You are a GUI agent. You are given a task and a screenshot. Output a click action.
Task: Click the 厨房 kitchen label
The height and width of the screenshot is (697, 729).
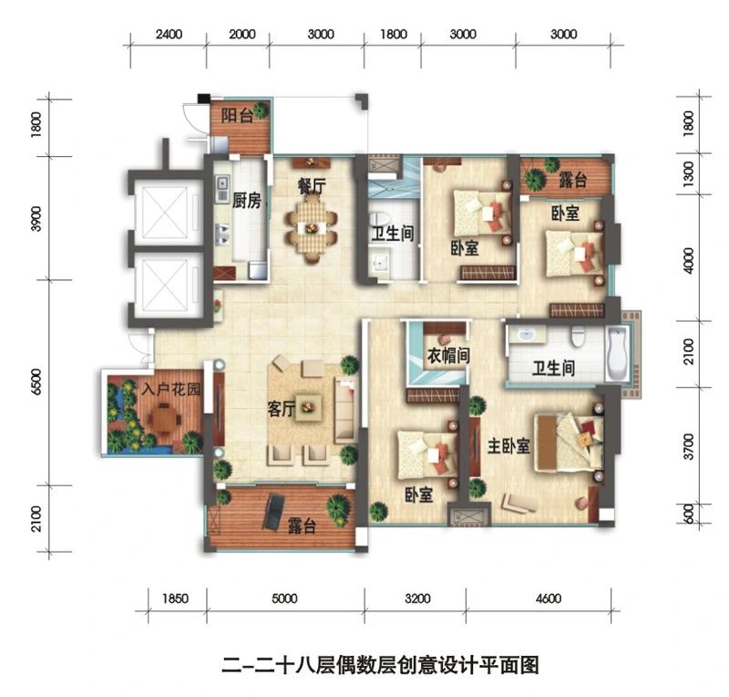[x=246, y=201]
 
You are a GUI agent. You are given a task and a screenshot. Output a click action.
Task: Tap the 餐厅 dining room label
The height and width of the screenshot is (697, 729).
[x=312, y=186]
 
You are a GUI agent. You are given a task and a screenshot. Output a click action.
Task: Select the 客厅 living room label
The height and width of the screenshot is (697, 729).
[x=282, y=410]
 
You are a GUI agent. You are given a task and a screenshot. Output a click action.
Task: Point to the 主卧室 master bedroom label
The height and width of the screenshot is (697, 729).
[x=508, y=445]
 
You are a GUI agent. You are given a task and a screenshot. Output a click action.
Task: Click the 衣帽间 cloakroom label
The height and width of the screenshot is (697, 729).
[x=448, y=356]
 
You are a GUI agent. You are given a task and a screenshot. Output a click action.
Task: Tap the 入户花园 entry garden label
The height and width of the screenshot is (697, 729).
[x=171, y=389]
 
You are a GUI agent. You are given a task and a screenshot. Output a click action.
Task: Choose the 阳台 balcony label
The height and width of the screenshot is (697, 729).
[x=236, y=115]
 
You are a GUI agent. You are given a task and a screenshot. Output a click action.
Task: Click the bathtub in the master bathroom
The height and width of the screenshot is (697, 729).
[x=618, y=354]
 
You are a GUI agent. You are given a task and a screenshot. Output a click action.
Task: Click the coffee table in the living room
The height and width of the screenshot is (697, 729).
[x=309, y=408]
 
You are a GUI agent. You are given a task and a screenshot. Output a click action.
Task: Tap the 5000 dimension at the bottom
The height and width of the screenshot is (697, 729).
[x=284, y=598]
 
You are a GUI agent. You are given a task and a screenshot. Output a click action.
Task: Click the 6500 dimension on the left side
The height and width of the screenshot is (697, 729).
[x=37, y=381]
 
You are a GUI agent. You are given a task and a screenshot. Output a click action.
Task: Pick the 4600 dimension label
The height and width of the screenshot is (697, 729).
[x=549, y=598]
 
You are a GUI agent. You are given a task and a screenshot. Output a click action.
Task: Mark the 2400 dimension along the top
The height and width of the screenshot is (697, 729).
[x=169, y=34]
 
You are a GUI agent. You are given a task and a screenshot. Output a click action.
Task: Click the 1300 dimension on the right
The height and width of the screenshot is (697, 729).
[x=689, y=173]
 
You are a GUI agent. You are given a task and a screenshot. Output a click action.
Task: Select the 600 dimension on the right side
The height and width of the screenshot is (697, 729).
[x=689, y=514]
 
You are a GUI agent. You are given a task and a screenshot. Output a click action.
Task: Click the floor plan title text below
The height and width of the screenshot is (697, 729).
[x=380, y=665]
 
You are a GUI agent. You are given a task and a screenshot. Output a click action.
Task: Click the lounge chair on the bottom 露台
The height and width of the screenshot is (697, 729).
[x=274, y=513]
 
